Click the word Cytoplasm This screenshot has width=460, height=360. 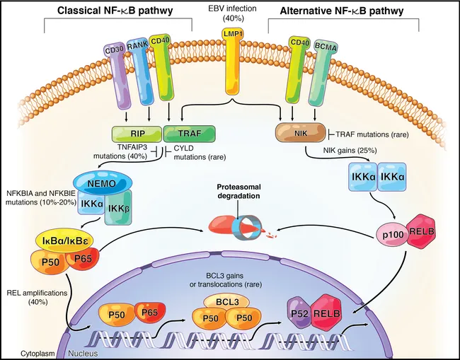pyautogui.click(x=21, y=352)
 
